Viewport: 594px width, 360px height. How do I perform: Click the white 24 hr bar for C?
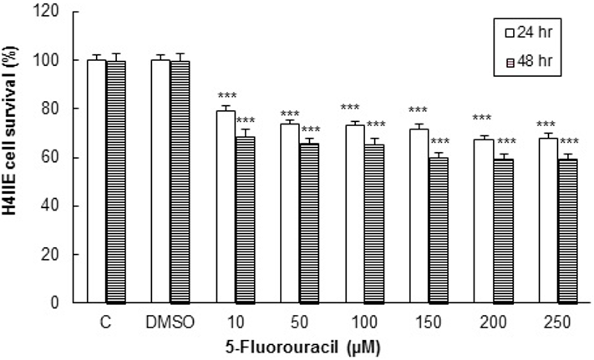97,181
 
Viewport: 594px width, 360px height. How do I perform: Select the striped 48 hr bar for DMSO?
180,182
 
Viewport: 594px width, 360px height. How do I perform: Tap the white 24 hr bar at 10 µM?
226,206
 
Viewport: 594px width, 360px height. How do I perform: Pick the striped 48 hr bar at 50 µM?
309,223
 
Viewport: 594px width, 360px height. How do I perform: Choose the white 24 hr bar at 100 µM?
355,214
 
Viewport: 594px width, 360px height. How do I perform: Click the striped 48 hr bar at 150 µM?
439,231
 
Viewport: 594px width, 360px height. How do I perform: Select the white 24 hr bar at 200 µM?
484,221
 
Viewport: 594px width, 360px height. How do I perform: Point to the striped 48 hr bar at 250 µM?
567,231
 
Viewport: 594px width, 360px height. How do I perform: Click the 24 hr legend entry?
529,33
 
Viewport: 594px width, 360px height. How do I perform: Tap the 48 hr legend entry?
529,61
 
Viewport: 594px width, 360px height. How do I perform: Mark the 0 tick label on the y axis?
54,303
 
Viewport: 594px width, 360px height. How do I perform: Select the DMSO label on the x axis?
170,323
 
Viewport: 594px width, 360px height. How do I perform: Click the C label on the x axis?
105,323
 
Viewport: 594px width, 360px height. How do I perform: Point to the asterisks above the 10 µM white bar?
226,94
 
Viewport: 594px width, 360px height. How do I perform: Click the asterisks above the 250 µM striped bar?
569,141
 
